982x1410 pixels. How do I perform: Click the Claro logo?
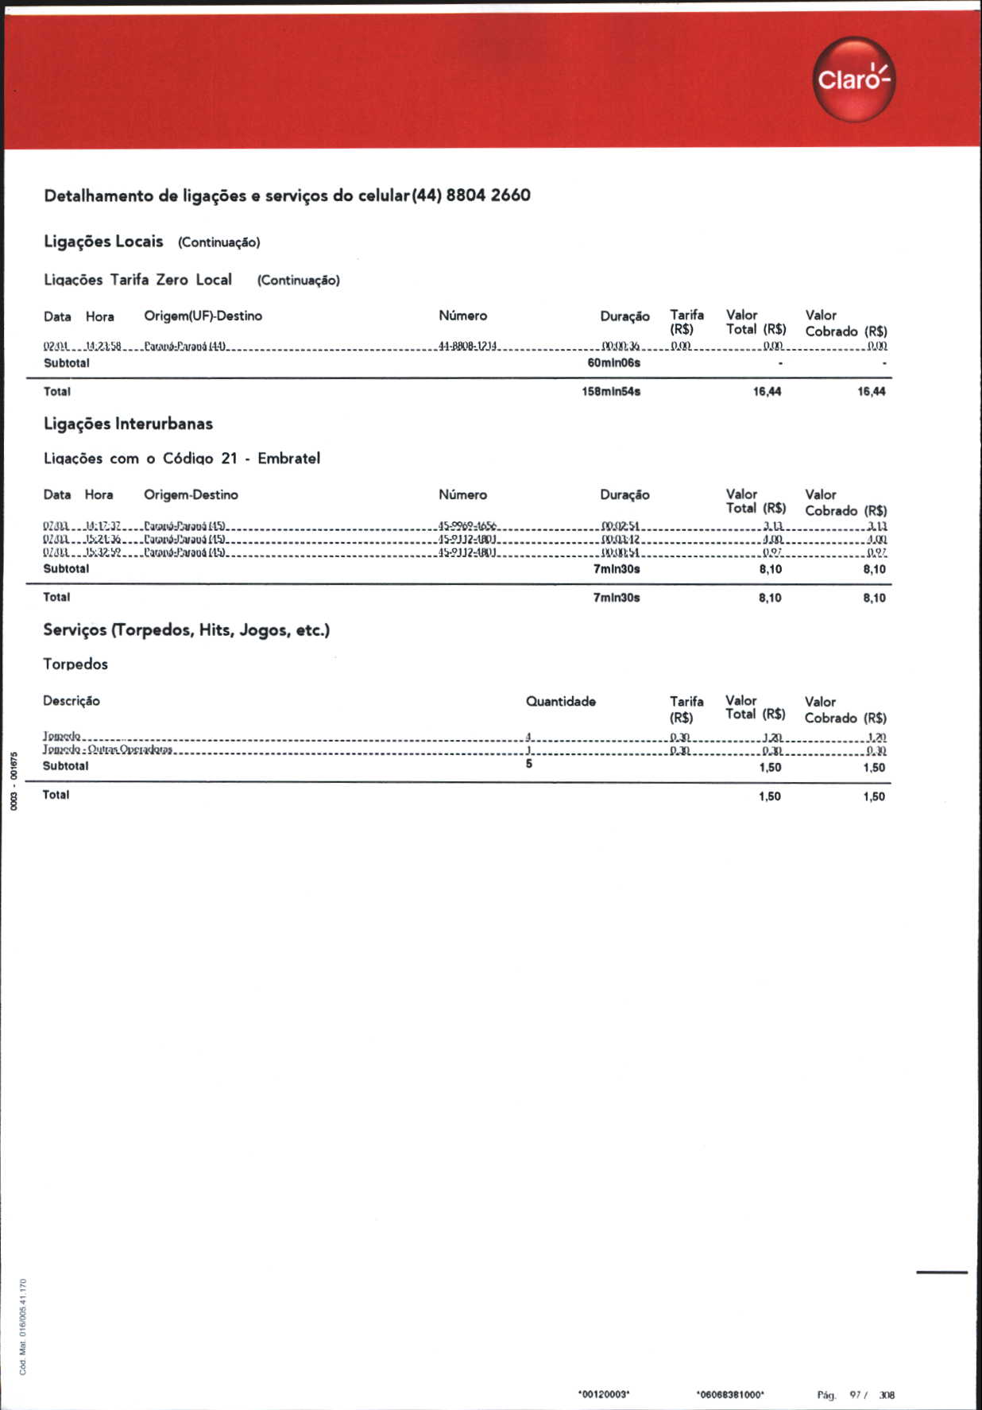point(853,79)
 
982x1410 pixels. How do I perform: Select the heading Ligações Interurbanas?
point(128,424)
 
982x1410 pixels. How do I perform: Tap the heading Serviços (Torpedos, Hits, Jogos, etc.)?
point(186,630)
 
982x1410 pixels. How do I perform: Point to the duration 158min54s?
point(611,392)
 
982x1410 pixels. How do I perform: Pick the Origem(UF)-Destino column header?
point(203,316)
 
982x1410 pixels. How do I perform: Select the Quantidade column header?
point(560,702)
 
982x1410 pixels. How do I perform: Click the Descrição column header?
point(72,701)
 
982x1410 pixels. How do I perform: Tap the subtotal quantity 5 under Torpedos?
point(529,765)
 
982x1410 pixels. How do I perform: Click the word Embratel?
point(288,459)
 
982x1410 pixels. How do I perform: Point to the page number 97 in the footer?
point(856,1395)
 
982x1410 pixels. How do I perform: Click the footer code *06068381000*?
point(730,1395)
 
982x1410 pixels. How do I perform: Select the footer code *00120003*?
point(604,1395)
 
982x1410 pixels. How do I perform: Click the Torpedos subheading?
point(75,664)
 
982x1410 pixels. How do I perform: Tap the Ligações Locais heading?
point(103,242)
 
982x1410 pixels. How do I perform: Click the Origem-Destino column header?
point(191,495)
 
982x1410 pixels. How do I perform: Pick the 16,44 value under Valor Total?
point(767,392)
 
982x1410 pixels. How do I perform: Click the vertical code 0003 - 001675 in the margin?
point(14,781)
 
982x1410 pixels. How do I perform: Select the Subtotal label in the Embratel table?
point(66,569)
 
